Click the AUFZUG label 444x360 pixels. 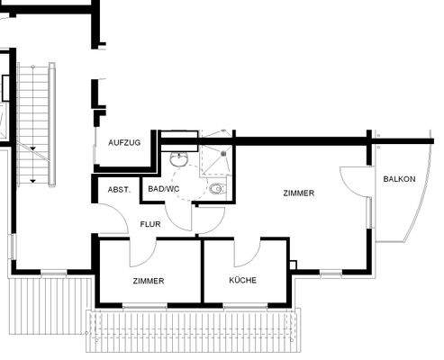[x=123, y=143]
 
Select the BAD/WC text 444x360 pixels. [x=164, y=190]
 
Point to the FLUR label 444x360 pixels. [x=150, y=224]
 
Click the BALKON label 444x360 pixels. [x=399, y=179]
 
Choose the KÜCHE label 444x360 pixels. [x=243, y=280]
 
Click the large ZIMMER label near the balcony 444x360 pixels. [x=298, y=193]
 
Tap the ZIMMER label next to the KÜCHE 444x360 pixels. [x=149, y=281]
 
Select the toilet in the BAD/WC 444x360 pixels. [x=216, y=190]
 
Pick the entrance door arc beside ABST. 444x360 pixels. [x=113, y=221]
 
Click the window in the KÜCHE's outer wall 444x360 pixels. [x=244, y=307]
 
